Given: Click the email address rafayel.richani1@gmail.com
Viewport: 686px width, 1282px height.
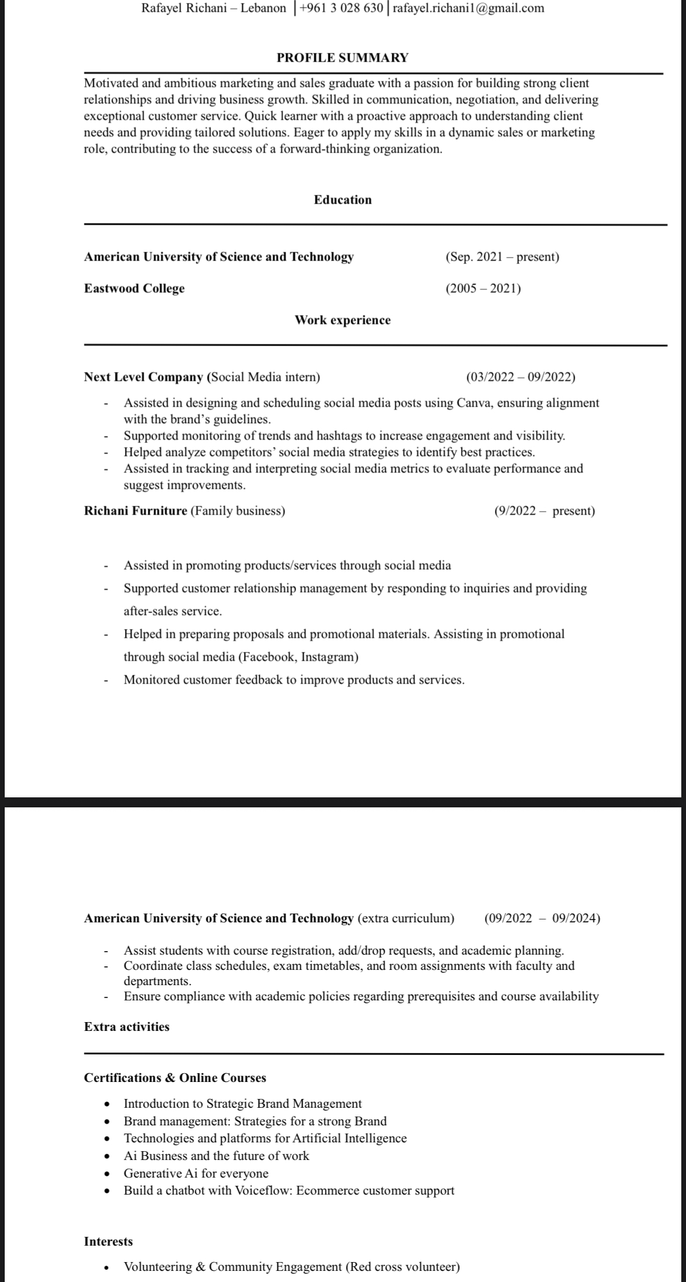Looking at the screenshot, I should point(468,8).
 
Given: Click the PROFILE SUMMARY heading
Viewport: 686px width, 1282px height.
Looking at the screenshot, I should point(342,57).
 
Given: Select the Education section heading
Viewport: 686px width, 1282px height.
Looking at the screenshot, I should point(342,200).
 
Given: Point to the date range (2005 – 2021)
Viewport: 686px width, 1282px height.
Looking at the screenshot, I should point(483,289).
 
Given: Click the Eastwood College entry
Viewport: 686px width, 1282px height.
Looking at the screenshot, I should point(134,289).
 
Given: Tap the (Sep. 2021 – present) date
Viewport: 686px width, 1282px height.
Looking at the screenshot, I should point(502,257).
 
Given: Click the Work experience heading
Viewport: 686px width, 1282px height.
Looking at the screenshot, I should point(342,320).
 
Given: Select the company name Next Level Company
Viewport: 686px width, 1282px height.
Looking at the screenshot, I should point(144,377).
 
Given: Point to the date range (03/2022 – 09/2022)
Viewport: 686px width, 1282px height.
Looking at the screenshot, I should point(521,377).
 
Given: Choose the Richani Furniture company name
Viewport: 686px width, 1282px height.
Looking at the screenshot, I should point(135,511).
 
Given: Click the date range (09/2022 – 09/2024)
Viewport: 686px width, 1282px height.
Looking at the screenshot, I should point(542,919).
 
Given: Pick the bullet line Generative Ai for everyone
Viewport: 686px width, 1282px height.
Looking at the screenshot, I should point(196,1173).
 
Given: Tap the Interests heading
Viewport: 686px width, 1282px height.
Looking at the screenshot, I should point(108,1242).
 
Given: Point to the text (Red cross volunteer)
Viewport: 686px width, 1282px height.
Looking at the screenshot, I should point(402,1267).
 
